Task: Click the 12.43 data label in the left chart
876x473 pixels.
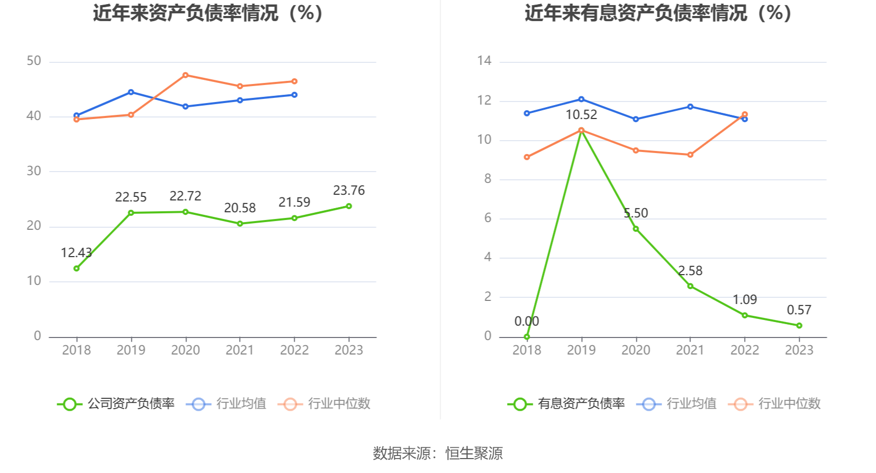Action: coord(76,252)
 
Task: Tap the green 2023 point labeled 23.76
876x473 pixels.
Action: coord(349,206)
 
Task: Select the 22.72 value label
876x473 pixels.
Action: coord(186,196)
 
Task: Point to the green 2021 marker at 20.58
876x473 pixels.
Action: coord(240,224)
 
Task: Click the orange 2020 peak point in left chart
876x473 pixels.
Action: coord(186,75)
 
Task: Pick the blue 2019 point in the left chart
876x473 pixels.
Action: coord(131,92)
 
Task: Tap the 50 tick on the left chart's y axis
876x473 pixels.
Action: coord(34,61)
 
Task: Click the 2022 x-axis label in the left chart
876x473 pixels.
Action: coord(294,350)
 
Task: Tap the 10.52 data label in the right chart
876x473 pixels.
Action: coord(581,115)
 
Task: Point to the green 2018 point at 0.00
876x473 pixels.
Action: coord(527,337)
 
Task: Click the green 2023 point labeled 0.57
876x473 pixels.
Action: coord(799,326)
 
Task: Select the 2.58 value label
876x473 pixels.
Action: coord(690,271)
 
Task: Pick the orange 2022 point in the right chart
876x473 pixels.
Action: coord(745,114)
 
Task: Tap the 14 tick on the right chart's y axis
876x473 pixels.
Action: coord(484,61)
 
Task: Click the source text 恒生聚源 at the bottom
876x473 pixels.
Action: coord(474,453)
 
